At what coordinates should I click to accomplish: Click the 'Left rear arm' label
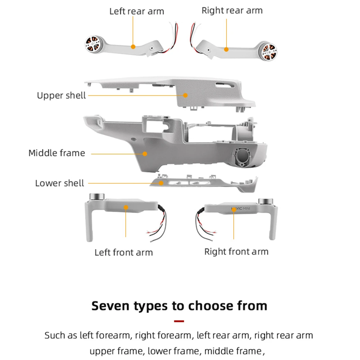[136, 11]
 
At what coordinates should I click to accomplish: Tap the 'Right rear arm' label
[232, 10]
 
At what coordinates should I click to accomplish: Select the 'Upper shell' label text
[61, 95]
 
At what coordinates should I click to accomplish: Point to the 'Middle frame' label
[57, 153]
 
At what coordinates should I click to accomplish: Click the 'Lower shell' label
[59, 183]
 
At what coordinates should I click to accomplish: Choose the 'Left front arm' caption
[123, 252]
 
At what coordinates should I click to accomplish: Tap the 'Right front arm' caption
[236, 251]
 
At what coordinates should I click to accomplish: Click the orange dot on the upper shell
[185, 95]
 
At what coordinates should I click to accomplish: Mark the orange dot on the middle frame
[145, 153]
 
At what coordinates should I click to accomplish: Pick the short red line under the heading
[179, 321]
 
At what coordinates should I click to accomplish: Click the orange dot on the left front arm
[126, 207]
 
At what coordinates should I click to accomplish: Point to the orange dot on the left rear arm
[133, 46]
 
